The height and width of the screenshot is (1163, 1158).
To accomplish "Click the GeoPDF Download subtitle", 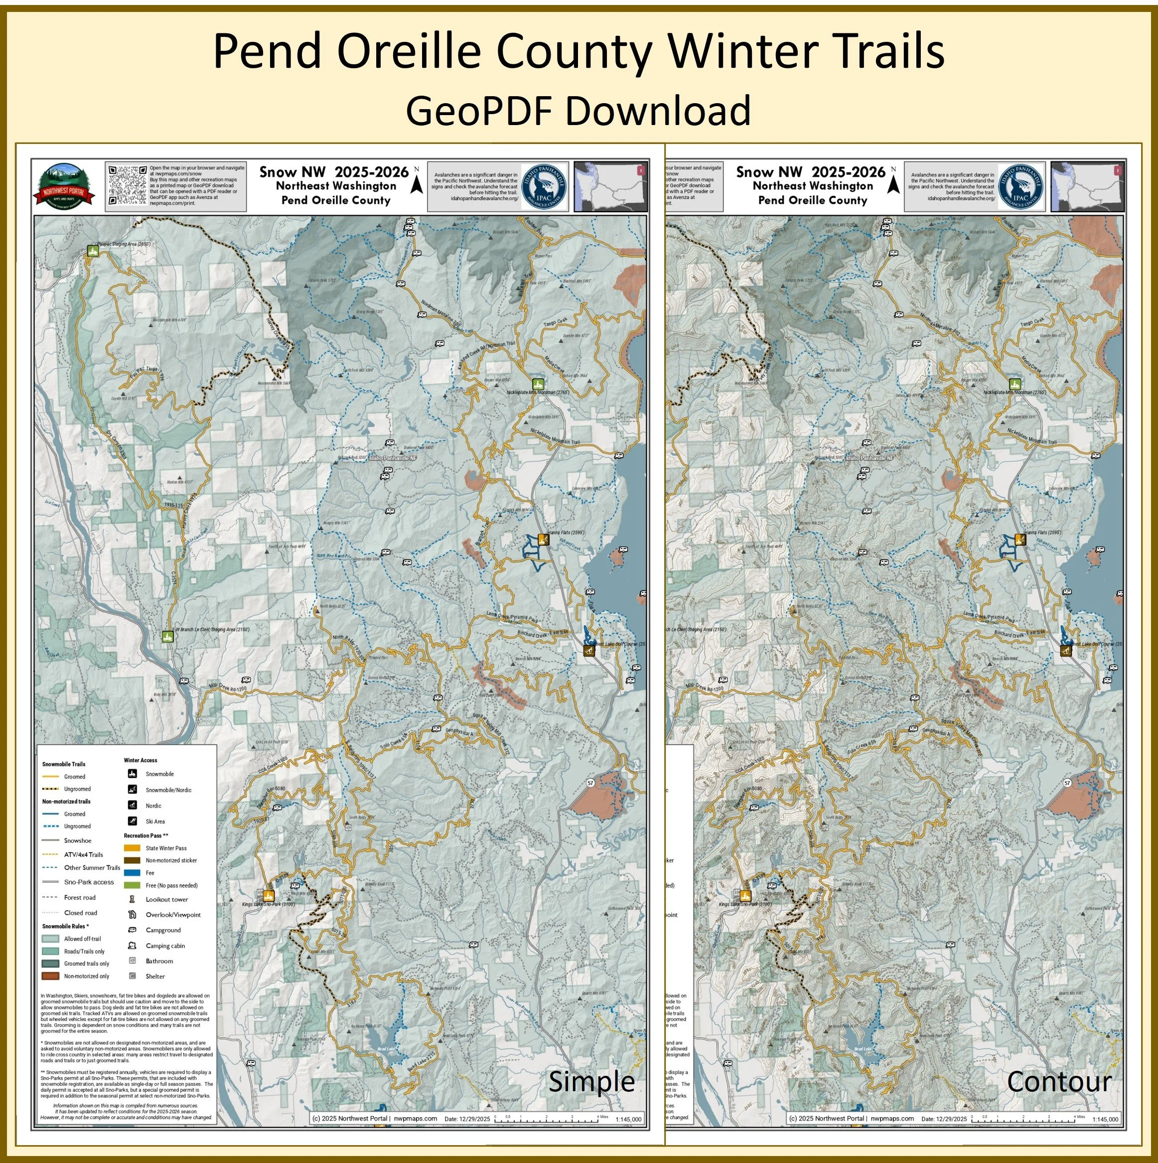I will click(x=578, y=110).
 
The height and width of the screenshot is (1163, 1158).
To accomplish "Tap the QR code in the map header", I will click(x=127, y=185).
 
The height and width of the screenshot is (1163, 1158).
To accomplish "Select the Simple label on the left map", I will click(x=591, y=1081).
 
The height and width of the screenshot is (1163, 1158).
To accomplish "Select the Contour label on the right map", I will click(x=1059, y=1081).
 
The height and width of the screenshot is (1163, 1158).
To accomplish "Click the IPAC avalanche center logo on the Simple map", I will click(x=544, y=186).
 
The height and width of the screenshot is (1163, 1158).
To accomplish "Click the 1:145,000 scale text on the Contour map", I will click(x=1105, y=1120).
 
